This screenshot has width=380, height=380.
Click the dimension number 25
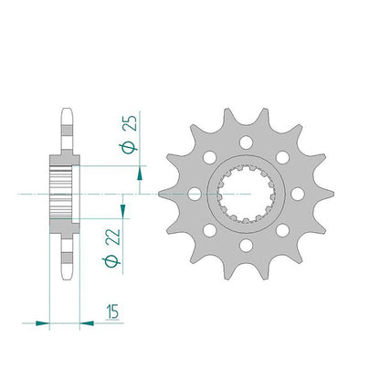click(x=130, y=123)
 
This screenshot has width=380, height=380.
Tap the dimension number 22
click(x=113, y=237)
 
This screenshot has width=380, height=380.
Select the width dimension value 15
click(x=112, y=311)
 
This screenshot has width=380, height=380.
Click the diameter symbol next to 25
click(x=128, y=148)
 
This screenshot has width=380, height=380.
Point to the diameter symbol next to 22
click(x=111, y=261)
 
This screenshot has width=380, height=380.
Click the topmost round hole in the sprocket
click(x=246, y=142)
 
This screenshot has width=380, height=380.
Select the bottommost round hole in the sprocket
click(x=246, y=246)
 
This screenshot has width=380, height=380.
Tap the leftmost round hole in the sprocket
click(x=195, y=194)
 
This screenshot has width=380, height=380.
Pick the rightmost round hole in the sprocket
click(x=298, y=194)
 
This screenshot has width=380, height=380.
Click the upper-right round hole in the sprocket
click(x=282, y=157)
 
